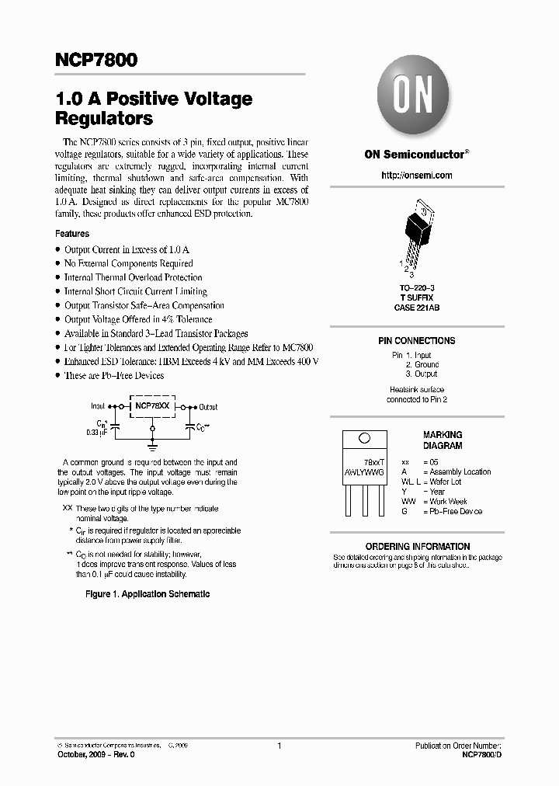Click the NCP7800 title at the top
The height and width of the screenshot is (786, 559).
click(x=96, y=60)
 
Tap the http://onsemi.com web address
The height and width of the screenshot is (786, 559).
click(x=417, y=176)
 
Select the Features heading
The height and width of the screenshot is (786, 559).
click(x=72, y=234)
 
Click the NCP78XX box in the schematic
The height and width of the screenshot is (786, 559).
click(x=151, y=405)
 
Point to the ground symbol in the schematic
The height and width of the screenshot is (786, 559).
click(x=152, y=447)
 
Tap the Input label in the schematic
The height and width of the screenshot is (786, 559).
click(x=98, y=406)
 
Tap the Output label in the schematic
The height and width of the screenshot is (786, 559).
click(x=208, y=407)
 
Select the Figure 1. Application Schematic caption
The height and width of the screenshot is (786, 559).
click(x=147, y=593)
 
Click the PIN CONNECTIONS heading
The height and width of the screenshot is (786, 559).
click(x=417, y=341)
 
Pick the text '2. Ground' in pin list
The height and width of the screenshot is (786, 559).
click(x=422, y=364)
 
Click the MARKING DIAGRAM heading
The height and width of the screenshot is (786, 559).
click(x=443, y=440)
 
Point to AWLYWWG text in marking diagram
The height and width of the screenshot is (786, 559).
click(x=363, y=471)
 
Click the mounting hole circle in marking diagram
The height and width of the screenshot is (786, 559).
click(x=363, y=440)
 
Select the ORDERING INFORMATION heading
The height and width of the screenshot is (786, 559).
click(x=418, y=546)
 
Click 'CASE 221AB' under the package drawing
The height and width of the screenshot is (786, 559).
click(x=417, y=308)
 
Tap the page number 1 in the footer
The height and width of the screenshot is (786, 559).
click(x=279, y=746)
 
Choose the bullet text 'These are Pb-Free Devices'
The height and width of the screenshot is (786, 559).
click(x=114, y=376)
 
